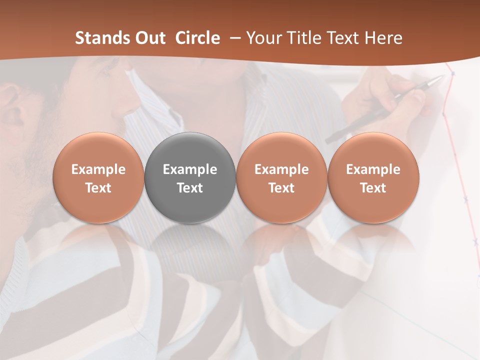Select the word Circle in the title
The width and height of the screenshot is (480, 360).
point(197,38)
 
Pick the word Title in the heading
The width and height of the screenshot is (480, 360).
point(304,38)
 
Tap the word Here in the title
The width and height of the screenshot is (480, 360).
point(384,38)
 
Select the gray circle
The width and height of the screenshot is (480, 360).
point(190,177)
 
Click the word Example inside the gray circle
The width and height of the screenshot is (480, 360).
point(190,169)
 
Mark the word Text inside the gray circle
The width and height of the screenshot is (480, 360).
point(190,188)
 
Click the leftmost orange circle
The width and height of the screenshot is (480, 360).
point(98,177)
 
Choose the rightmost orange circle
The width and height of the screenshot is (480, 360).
point(373,177)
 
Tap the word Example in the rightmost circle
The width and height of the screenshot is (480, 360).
point(373,169)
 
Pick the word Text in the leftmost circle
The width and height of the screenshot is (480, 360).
point(98,188)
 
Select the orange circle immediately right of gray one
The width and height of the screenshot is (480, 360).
point(281,177)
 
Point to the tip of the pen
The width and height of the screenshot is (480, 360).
point(442,76)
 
